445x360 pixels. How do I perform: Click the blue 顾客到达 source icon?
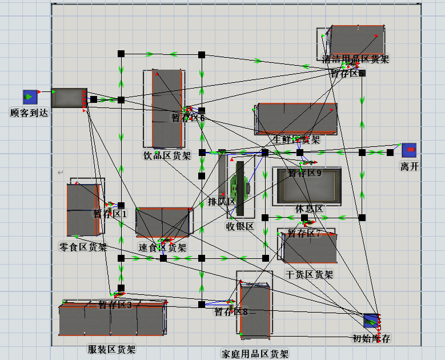click(30, 97)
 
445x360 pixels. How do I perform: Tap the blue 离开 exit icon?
click(409, 150)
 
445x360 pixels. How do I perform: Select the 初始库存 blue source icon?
click(371, 321)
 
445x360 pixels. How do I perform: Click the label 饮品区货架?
click(167, 155)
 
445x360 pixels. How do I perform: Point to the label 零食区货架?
click(83, 247)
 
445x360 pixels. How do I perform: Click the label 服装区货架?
click(112, 349)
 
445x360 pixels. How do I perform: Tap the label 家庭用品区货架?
click(255, 354)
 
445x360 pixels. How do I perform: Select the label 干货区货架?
click(309, 274)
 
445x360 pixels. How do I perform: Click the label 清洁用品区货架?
click(355, 58)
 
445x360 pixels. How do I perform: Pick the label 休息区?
click(309, 209)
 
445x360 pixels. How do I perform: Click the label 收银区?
click(240, 226)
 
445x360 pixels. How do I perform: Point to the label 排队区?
click(222, 201)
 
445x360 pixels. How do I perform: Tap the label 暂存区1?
click(110, 214)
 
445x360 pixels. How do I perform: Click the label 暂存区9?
click(304, 173)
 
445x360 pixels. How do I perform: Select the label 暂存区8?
click(231, 312)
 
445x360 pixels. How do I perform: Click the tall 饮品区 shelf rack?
click(167, 109)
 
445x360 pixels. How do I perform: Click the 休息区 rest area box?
click(307, 186)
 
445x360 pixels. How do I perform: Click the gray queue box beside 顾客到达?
click(69, 98)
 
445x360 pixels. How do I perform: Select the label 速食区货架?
click(162, 248)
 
